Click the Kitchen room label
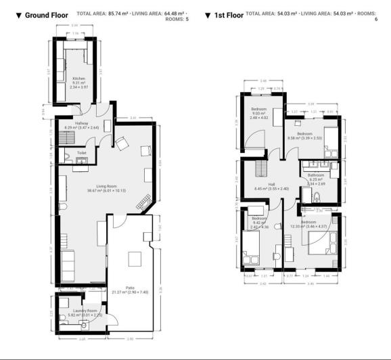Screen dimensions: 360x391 [78, 78]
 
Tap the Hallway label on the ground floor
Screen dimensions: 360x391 [82, 123]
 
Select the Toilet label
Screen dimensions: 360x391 [82, 153]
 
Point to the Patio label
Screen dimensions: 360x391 [129, 288]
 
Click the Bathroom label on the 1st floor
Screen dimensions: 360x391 [317, 175]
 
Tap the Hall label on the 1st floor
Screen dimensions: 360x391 [271, 184]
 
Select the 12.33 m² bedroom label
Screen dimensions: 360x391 [308, 222]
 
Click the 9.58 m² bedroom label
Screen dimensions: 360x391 [304, 134]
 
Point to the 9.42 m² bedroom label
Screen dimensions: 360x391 [259, 219]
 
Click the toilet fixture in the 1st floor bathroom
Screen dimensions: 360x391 [317, 197]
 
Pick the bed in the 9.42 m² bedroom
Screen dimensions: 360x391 [248, 256]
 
